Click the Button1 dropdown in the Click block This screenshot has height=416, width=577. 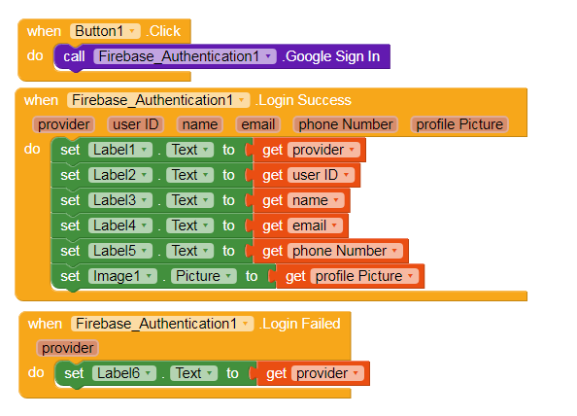point(105,31)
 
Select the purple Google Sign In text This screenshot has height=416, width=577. point(332,56)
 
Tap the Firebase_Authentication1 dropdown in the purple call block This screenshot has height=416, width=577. point(185,56)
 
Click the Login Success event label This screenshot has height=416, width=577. point(304,100)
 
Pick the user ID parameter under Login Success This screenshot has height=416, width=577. point(135,124)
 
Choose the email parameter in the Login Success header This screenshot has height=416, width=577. point(258,124)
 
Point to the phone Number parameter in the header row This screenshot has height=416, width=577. point(346,124)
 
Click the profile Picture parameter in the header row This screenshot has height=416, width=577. point(459,124)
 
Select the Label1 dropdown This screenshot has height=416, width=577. point(120,150)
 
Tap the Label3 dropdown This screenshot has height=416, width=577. point(120,200)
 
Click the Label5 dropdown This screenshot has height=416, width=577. point(120,251)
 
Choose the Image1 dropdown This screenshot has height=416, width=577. point(122,276)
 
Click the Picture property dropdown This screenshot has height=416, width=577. point(203,276)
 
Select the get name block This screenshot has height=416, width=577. point(302,200)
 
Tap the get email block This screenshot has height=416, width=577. point(301,225)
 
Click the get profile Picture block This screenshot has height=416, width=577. point(351,276)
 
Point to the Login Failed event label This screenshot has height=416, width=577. point(300,324)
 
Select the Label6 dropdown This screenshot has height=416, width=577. point(124,373)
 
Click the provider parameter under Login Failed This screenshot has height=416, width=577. point(67,348)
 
